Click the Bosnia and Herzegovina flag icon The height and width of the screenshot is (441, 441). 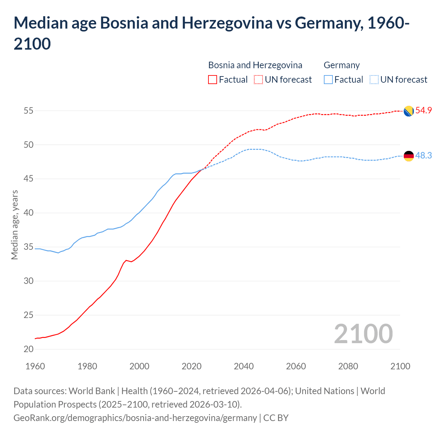(409, 111)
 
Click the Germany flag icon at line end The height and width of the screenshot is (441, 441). (409, 156)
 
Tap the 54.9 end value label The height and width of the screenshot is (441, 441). (423, 110)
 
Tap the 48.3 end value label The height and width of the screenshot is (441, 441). (423, 155)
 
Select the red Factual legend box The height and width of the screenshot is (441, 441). (213, 80)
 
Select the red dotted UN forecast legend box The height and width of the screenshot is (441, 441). (258, 80)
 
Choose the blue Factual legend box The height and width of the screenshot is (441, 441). (328, 80)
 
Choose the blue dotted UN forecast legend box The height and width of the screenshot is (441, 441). (374, 80)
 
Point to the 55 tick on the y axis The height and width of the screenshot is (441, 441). (29, 111)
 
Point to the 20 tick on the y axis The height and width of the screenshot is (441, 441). (29, 349)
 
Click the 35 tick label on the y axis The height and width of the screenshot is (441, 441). (29, 247)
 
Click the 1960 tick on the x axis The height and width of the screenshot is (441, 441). (35, 366)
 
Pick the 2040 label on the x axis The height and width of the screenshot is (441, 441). (244, 366)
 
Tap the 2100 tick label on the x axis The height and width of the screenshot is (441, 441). (400, 366)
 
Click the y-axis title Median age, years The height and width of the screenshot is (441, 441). (14, 225)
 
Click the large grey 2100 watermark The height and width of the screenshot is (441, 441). (363, 334)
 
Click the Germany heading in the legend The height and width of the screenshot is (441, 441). (341, 65)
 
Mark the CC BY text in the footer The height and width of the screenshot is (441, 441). (276, 418)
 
